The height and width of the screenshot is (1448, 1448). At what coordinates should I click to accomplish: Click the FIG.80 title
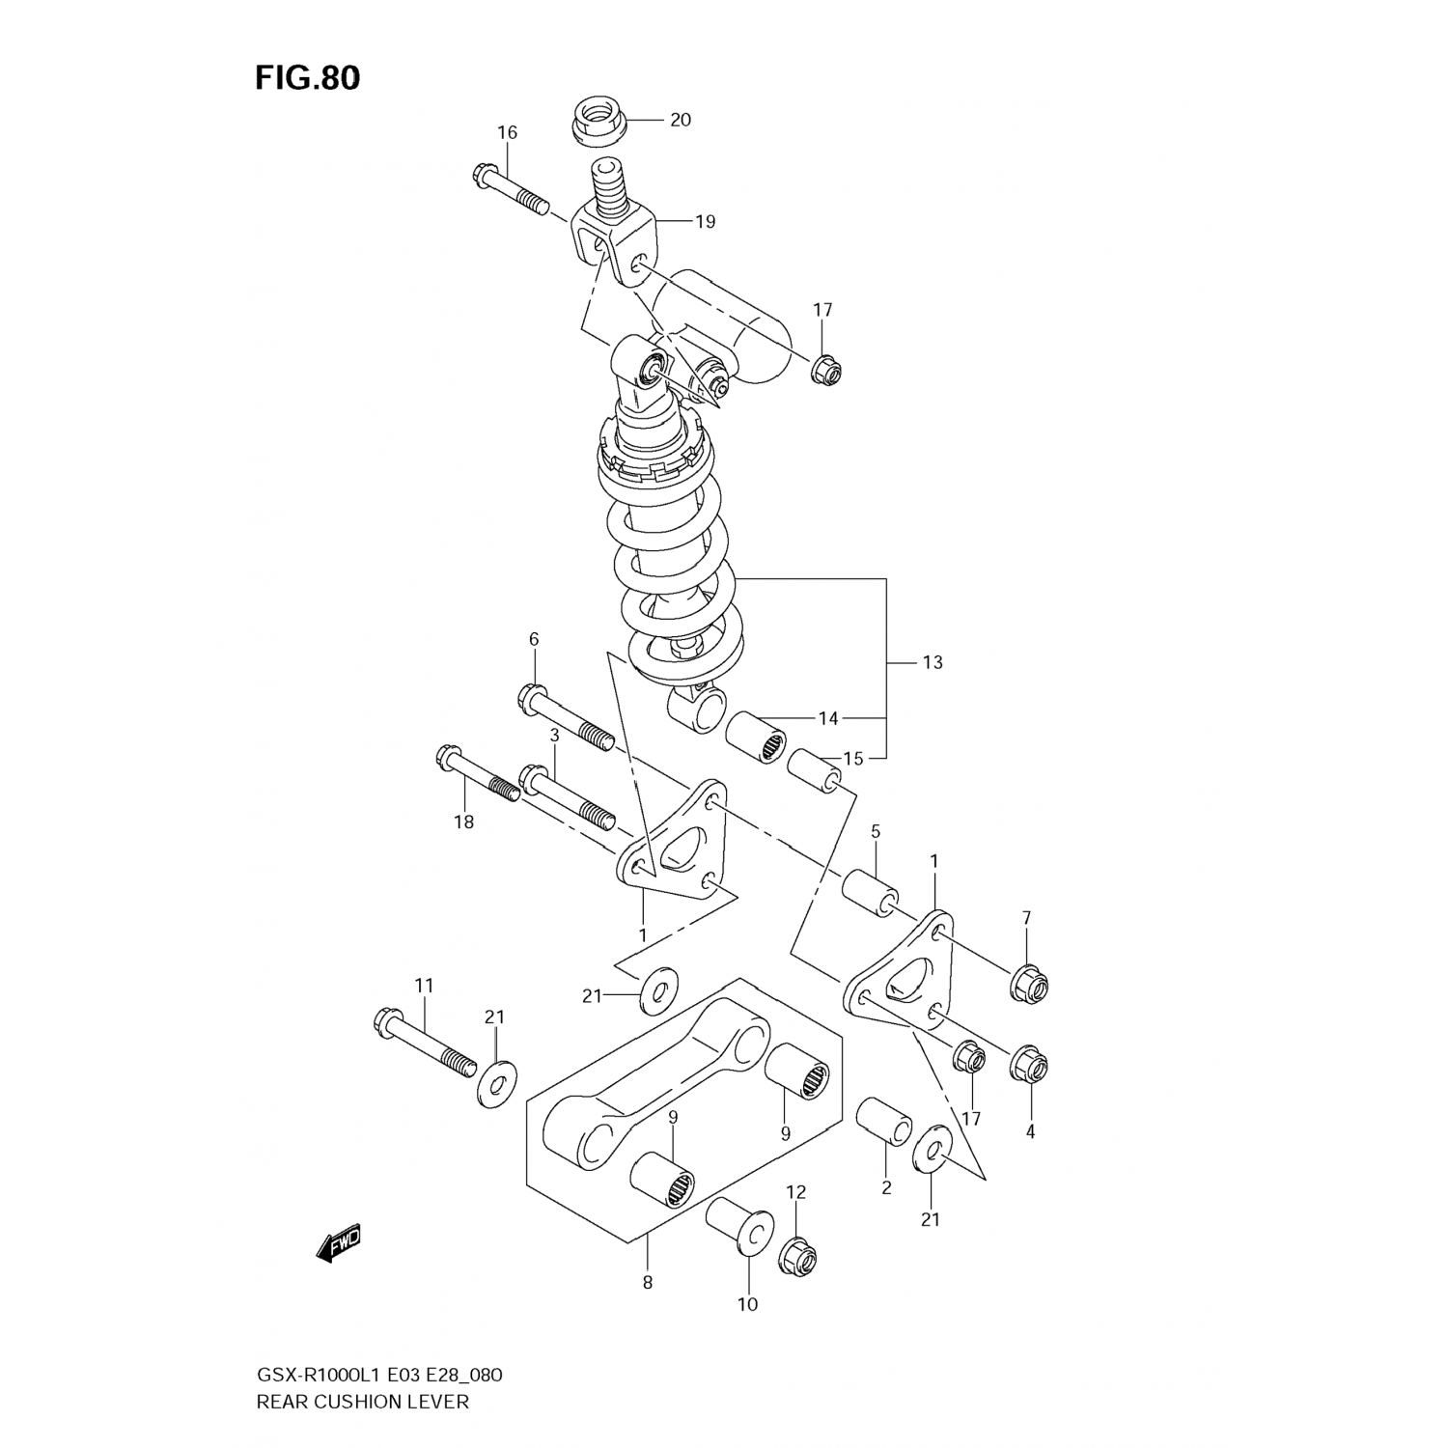tap(307, 78)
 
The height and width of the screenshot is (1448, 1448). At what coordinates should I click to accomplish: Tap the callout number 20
tap(681, 120)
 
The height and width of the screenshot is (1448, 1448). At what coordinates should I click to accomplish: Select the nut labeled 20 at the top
tap(596, 121)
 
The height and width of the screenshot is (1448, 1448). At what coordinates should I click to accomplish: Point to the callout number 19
tap(706, 221)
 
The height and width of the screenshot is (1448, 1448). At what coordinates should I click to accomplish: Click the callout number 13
tap(932, 662)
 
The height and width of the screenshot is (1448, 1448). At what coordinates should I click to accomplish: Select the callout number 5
tap(875, 831)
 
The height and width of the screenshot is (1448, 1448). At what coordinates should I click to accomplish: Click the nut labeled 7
tap(1029, 984)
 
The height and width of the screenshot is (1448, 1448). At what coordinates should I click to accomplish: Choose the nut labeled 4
tap(1029, 1065)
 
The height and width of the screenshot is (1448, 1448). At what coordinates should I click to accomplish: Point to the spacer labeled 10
tap(738, 1228)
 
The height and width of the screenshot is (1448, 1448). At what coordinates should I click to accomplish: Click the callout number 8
tap(647, 1283)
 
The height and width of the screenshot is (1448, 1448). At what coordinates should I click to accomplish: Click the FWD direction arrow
tap(339, 1244)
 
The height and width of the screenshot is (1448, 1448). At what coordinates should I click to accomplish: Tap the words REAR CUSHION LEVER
tap(362, 1401)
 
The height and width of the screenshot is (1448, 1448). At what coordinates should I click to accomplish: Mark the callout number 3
tap(554, 735)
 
